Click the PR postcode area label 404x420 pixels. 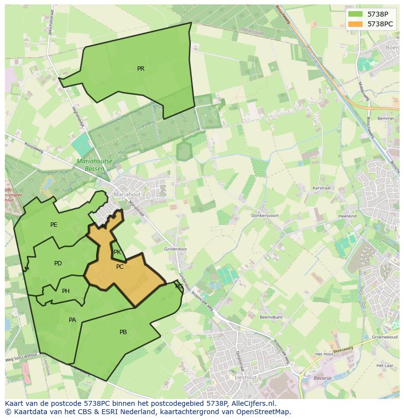pos(141,69)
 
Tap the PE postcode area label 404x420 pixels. pos(54,225)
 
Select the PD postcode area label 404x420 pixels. pos(58,263)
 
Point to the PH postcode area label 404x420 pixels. pos(66,291)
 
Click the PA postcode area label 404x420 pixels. pos(72,320)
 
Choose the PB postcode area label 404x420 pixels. pos(123,332)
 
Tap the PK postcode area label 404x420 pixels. pos(117,252)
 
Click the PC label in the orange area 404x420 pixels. pos(120,267)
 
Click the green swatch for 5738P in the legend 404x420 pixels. pos(356,14)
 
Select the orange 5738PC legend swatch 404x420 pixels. pos(356,23)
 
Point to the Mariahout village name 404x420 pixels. pos(127,194)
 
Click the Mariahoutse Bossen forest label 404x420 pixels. pos(95,165)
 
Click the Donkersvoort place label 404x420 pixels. pos(265,215)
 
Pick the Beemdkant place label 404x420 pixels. pos(271,317)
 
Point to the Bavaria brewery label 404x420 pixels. pos(322,378)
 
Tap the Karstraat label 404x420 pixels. pos(322,188)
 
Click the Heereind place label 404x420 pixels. pos(347,216)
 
